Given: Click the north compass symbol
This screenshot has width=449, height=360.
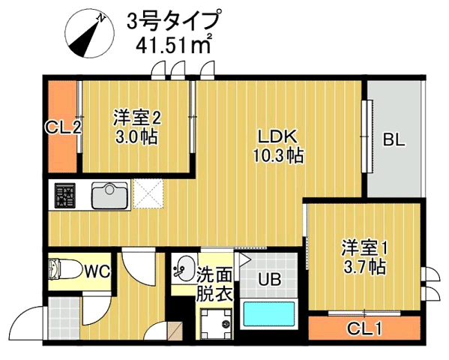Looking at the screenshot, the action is pyautogui.click(x=90, y=34).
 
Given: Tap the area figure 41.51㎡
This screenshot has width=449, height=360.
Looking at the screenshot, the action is pyautogui.click(x=174, y=44).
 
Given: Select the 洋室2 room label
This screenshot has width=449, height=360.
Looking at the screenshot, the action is pyautogui.click(x=136, y=118).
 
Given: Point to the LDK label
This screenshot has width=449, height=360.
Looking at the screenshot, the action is pyautogui.click(x=277, y=137).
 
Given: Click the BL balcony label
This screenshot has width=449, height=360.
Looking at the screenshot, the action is pyautogui.click(x=394, y=140).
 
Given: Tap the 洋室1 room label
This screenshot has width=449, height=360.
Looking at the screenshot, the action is pyautogui.click(x=364, y=248).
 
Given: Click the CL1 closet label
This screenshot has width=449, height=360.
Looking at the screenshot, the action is pyautogui.click(x=364, y=329).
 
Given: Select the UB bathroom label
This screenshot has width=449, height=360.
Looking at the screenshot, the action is pyautogui.click(x=269, y=279).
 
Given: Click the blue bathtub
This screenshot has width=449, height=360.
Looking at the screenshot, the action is pyautogui.click(x=269, y=313).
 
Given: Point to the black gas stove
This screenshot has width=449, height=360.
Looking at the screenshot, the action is pyautogui.click(x=65, y=196).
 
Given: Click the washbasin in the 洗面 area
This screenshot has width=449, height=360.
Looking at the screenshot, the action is pyautogui.click(x=183, y=268).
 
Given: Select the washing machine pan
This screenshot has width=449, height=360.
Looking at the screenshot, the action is pyautogui.click(x=216, y=323).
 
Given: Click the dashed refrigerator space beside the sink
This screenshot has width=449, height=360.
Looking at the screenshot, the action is pyautogui.click(x=148, y=193).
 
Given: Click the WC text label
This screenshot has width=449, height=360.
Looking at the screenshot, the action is pyautogui.click(x=97, y=271).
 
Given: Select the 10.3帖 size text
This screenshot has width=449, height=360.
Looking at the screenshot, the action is pyautogui.click(x=278, y=156).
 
